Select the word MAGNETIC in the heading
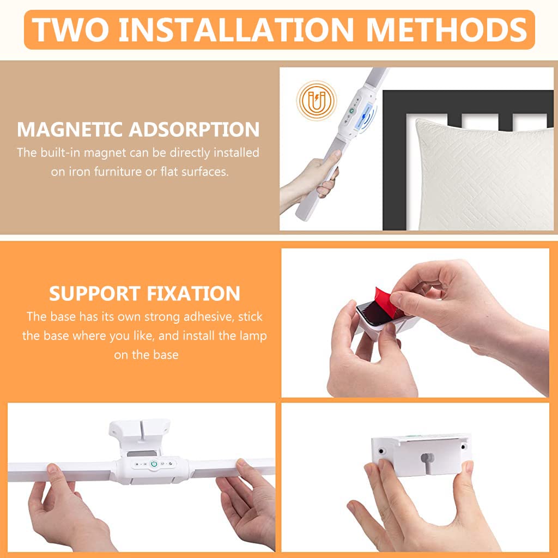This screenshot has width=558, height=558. [70, 130]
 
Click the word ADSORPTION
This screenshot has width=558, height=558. [194, 130]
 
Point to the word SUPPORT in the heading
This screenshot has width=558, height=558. [95, 294]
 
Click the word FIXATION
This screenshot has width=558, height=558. [193, 294]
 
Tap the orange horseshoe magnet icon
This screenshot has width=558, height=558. [317, 101]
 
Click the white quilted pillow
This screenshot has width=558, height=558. [484, 175]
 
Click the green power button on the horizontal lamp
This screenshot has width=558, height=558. [154, 464]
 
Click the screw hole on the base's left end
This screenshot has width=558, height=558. [381, 451]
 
